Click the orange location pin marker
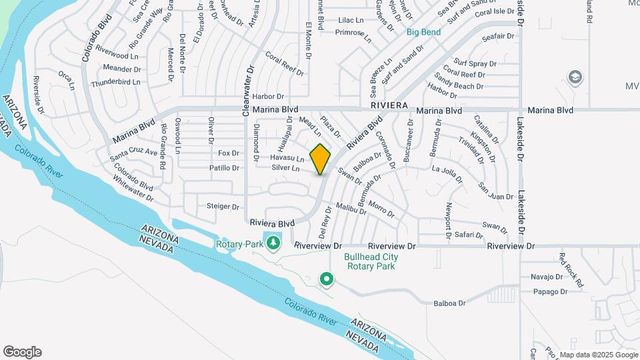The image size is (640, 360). coord(321,159)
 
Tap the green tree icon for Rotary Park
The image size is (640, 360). coord(273,243)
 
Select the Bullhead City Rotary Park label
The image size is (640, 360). coord(371,261)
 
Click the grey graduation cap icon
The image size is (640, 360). coord(574,78)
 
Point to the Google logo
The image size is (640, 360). coord(22,352)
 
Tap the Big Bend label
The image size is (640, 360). coord(423,32)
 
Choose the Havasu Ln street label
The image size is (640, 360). coord(287,159)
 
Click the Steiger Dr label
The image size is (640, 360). coord(223,207)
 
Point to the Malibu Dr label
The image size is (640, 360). coord(351,209)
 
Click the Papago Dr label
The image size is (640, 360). coord(550,291)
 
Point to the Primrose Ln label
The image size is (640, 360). coord(353,34)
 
